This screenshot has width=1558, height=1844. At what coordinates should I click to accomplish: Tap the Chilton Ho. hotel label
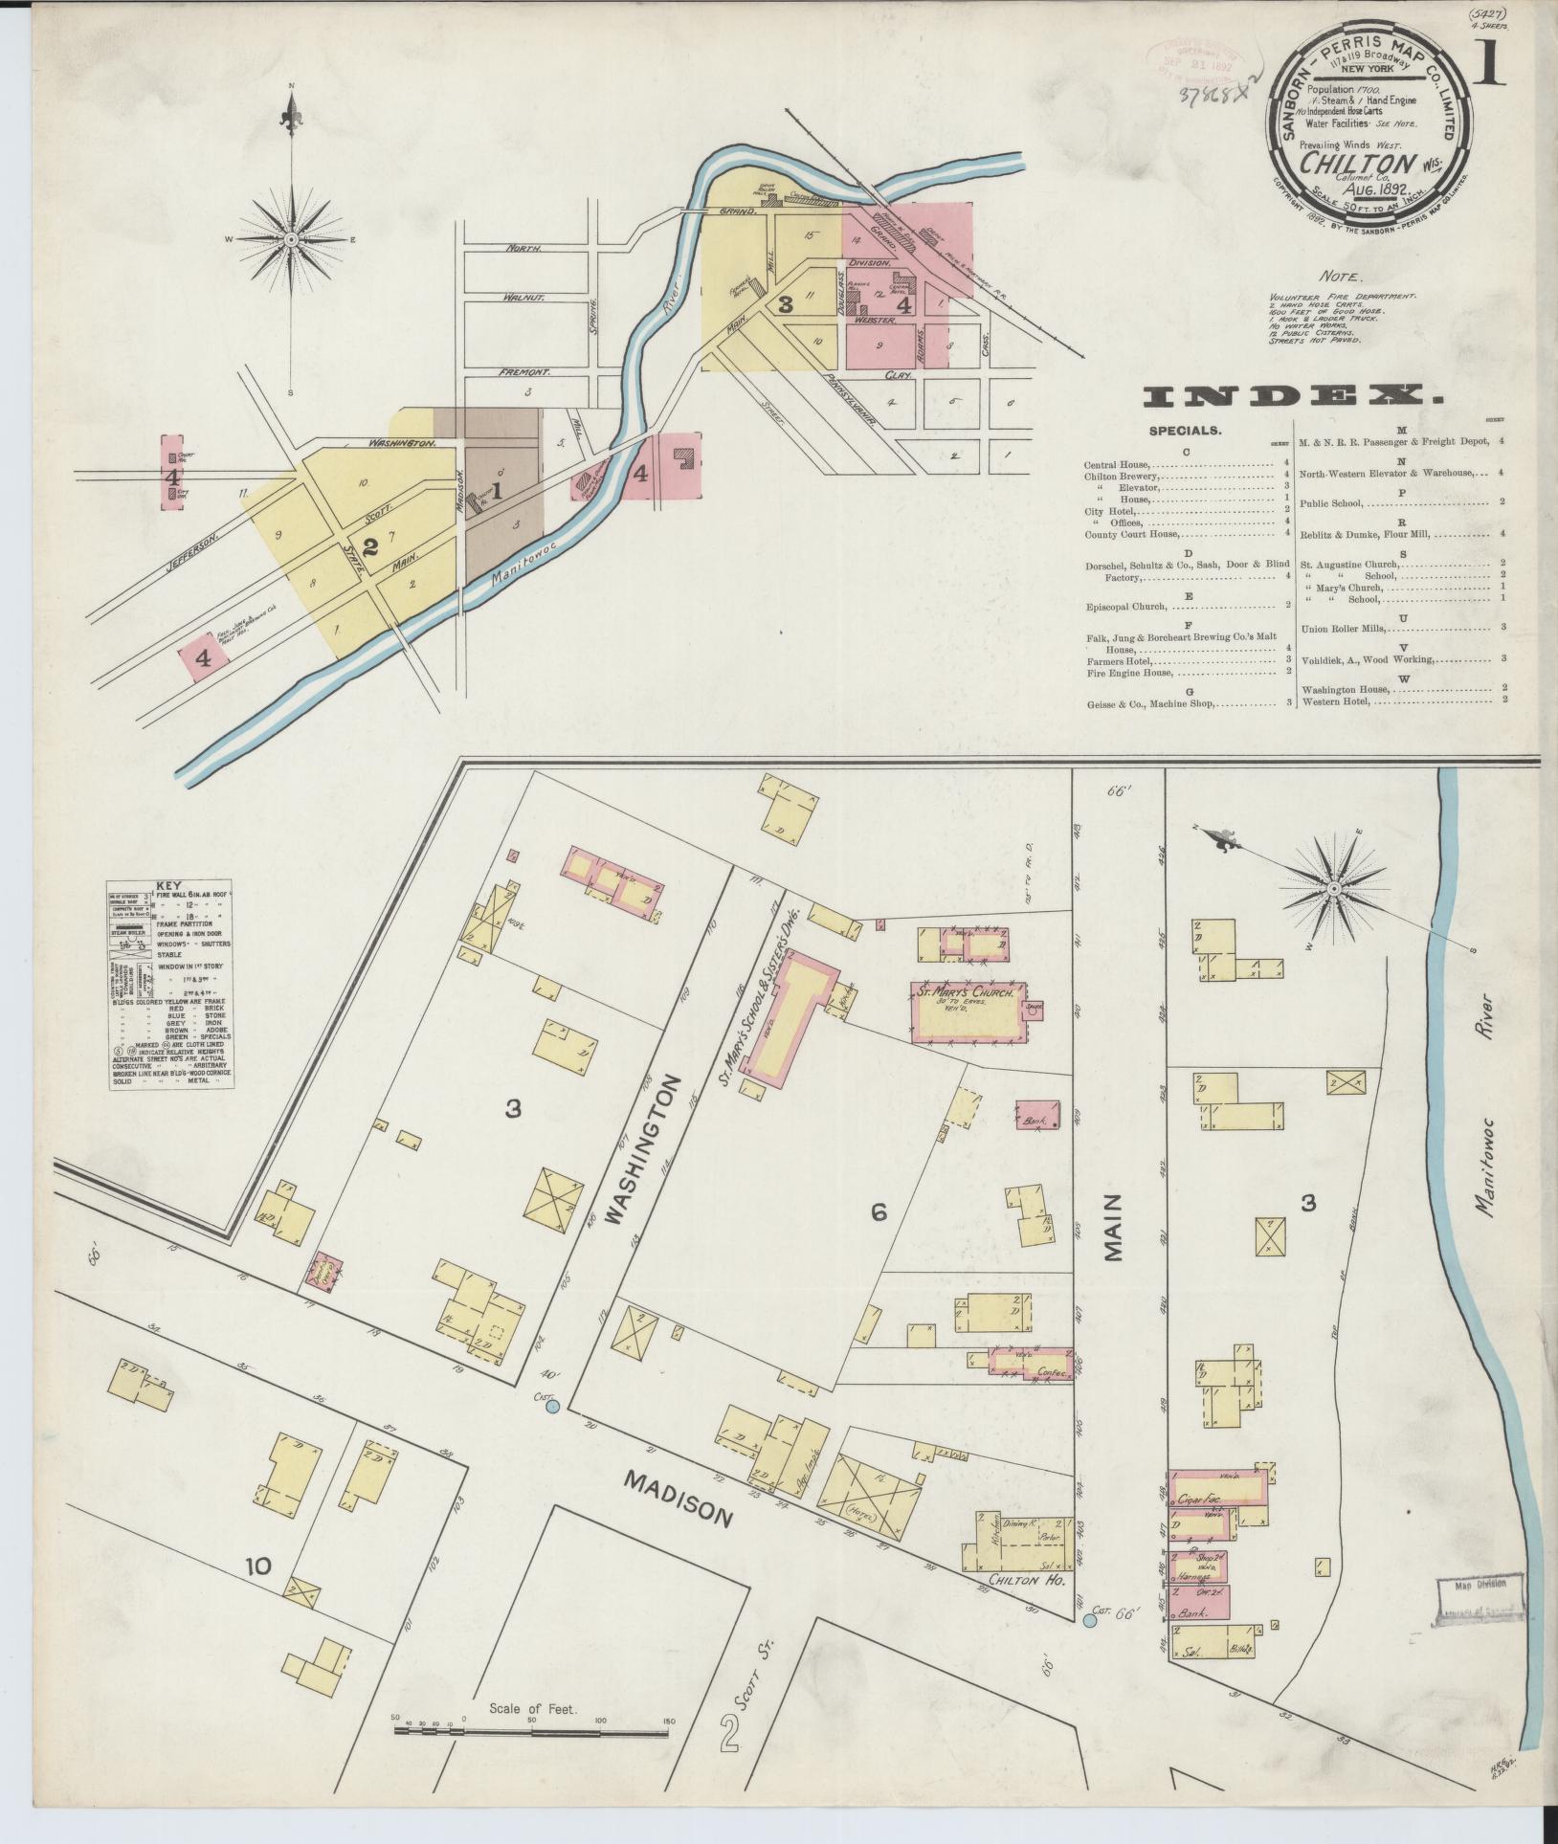pyautogui.click(x=1027, y=1579)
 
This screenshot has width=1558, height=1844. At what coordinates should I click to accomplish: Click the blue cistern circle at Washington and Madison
pyautogui.click(x=551, y=1406)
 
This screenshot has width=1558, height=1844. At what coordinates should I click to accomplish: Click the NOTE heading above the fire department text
pyautogui.click(x=1339, y=276)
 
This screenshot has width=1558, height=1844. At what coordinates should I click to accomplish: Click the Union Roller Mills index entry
pyautogui.click(x=1345, y=629)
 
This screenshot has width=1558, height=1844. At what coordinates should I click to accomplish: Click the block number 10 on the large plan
pyautogui.click(x=257, y=1566)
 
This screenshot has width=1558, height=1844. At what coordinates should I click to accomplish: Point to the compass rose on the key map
pyautogui.click(x=291, y=239)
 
